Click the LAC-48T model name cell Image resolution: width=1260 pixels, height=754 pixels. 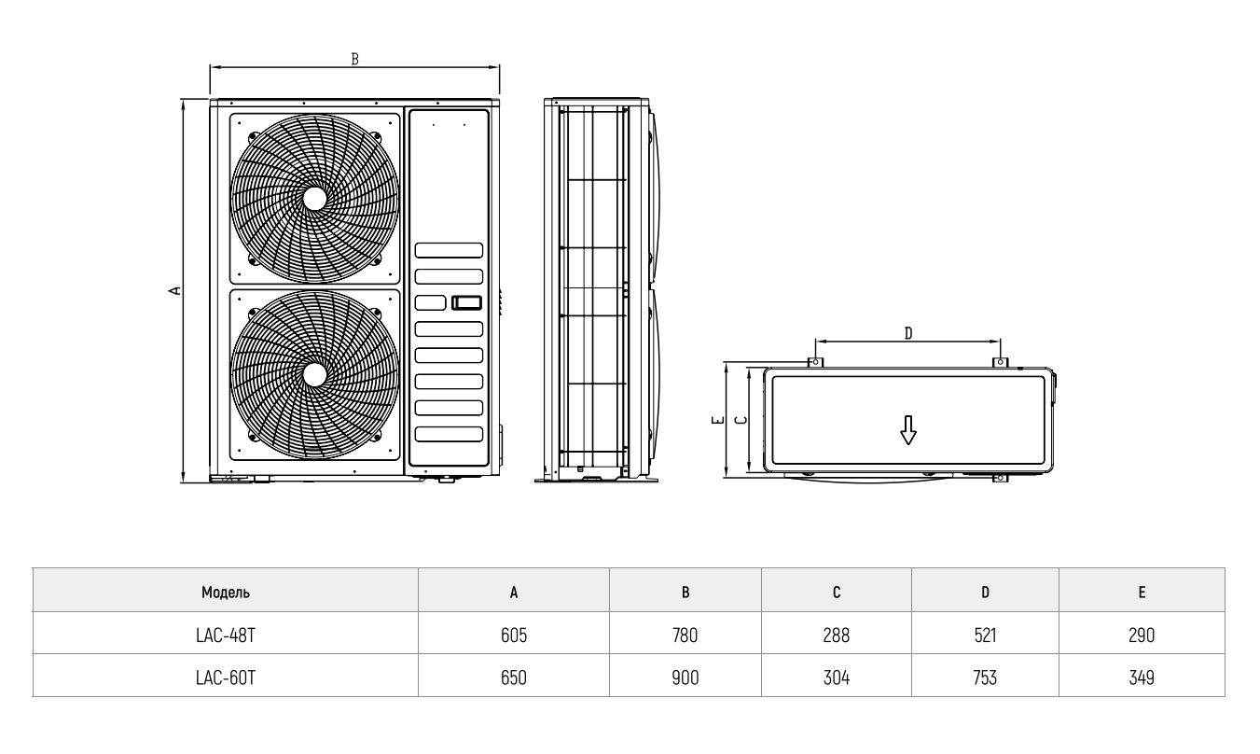[x=225, y=636]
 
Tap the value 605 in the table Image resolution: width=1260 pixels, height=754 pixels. [x=513, y=636]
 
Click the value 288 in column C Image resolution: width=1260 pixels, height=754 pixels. [x=837, y=636]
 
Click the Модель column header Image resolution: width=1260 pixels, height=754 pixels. [x=225, y=592]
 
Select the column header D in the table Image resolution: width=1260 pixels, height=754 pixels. [x=985, y=592]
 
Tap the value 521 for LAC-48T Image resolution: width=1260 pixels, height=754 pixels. [x=985, y=636]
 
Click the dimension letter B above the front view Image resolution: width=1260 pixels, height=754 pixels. [x=354, y=58]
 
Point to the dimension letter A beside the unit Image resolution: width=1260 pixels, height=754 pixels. [x=173, y=291]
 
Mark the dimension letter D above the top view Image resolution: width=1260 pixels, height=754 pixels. [x=907, y=333]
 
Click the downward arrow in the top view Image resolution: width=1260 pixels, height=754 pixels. [x=907, y=429]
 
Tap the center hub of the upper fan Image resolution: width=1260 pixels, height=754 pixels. [x=314, y=198]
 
